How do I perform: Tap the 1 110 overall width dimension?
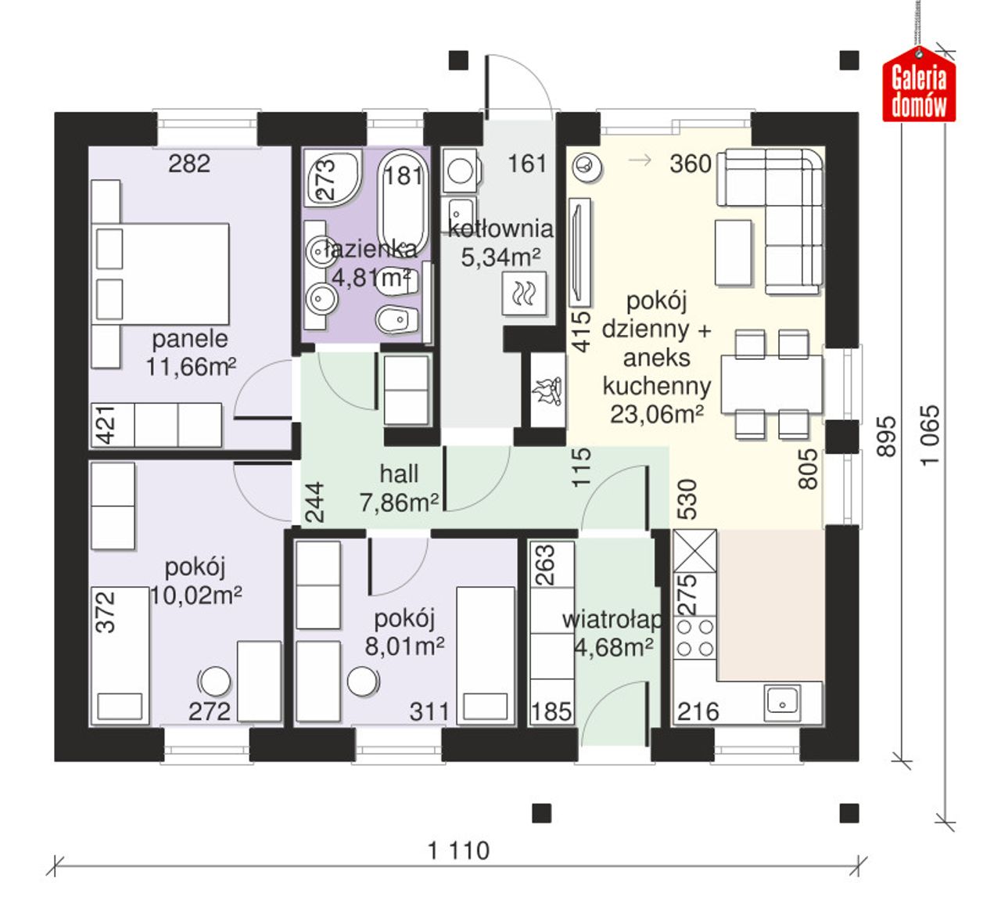click(x=458, y=851)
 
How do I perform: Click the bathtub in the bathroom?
click(x=403, y=203)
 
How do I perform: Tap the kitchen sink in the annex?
click(x=783, y=705)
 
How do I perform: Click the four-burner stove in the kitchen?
click(x=694, y=638)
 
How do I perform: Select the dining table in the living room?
click(x=771, y=384)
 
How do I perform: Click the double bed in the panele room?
click(x=160, y=274)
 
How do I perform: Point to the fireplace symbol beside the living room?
click(x=547, y=391)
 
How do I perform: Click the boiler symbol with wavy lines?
click(x=523, y=293)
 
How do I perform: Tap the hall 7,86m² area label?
click(x=399, y=488)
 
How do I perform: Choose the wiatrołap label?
click(x=613, y=620)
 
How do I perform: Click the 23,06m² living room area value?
click(x=657, y=414)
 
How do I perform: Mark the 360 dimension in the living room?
click(x=690, y=164)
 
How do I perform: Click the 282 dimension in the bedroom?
click(x=189, y=164)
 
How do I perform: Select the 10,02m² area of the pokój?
click(x=196, y=595)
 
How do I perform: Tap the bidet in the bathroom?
click(x=397, y=319)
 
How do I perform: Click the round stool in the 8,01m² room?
click(x=363, y=681)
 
